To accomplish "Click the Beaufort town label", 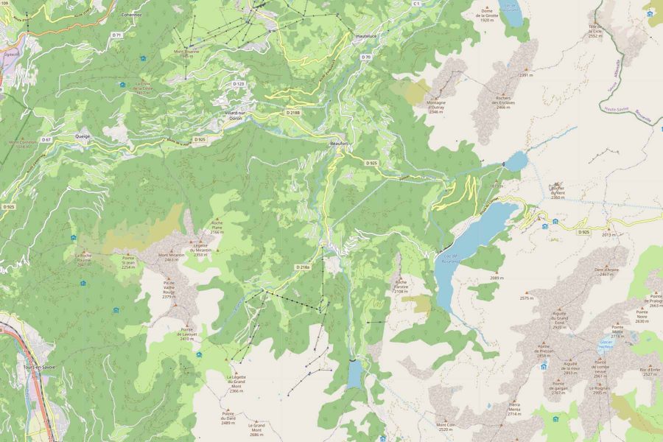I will (x=339, y=144).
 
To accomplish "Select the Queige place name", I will (x=83, y=136).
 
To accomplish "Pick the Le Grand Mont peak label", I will (x=256, y=429).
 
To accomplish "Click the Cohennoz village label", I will (x=132, y=14).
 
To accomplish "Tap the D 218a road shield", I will (x=304, y=267).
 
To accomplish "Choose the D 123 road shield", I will (x=238, y=84).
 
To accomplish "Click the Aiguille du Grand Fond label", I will (x=559, y=319).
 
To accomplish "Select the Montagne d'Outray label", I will (x=435, y=108).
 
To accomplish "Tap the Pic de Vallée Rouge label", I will (x=169, y=288).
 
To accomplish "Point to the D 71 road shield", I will (x=116, y=35).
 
